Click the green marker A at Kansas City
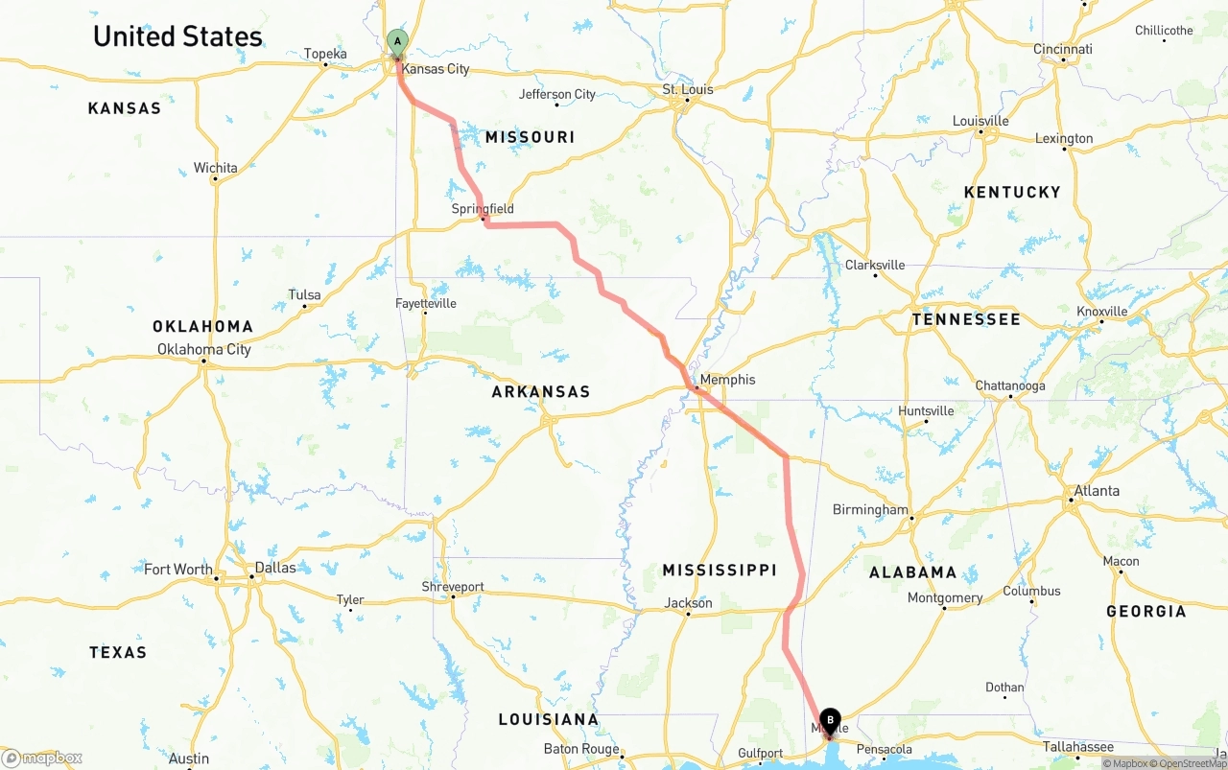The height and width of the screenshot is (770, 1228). point(397,42)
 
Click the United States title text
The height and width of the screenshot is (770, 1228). point(177,36)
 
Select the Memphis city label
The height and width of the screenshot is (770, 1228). point(727,380)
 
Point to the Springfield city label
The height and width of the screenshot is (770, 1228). point(483,208)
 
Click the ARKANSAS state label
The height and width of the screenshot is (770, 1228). point(541,391)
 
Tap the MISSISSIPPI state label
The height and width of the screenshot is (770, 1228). point(720,570)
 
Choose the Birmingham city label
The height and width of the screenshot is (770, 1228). point(870,509)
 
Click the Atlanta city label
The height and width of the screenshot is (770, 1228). point(1096,490)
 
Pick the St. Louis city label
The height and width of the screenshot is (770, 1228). point(688,89)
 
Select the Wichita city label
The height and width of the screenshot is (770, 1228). point(215,168)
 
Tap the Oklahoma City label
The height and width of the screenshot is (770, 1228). point(204,349)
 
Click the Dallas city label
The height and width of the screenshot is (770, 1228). point(275,567)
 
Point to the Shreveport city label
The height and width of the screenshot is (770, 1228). point(453,587)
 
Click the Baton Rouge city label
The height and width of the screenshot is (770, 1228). point(581,749)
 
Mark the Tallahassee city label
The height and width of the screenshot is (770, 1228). point(1078,747)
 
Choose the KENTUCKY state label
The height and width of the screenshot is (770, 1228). point(1012,192)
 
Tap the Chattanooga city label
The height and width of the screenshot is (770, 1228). point(1010,385)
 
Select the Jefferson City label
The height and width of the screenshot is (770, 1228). point(557,94)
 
